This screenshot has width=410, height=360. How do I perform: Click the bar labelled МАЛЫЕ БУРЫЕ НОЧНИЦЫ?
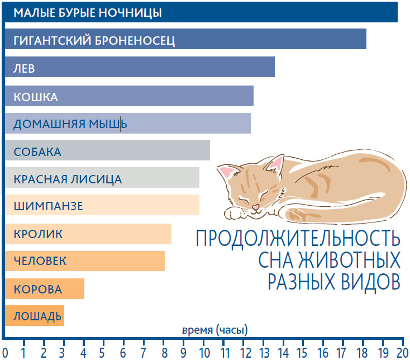(201, 12)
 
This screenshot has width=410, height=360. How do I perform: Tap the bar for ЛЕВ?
(140, 68)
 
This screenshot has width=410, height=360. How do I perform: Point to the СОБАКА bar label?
(37, 152)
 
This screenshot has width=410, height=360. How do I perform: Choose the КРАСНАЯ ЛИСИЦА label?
(67, 179)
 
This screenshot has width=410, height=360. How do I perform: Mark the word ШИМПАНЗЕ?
(48, 206)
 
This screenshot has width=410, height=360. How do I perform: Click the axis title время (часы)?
(214, 330)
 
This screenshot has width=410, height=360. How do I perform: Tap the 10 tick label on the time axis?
(204, 352)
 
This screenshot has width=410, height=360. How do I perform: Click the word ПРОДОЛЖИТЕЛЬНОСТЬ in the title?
(298, 239)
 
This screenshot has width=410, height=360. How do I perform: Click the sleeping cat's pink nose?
(255, 208)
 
